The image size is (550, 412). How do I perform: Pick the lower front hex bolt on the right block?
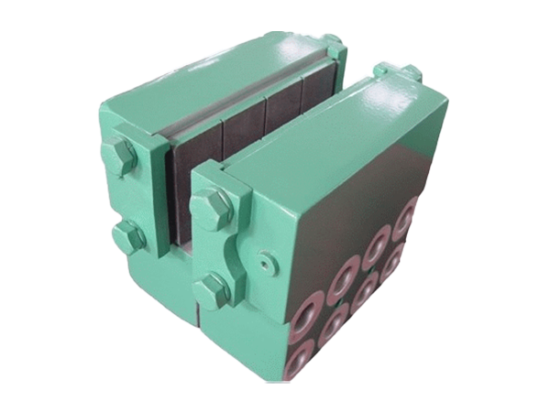pos(213,289)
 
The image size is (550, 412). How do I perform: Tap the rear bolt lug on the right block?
pos(410,73)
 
